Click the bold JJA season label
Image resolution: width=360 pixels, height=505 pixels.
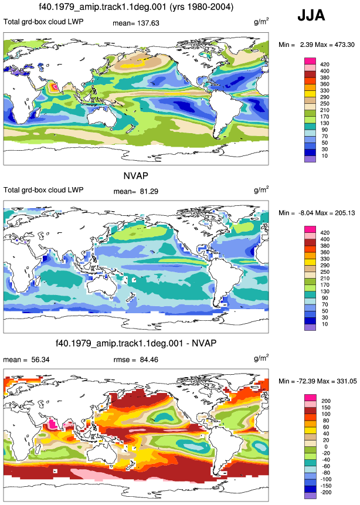click(311, 15)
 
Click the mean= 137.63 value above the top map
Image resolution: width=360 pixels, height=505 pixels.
click(136, 23)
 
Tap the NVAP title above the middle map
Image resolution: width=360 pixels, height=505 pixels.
click(136, 176)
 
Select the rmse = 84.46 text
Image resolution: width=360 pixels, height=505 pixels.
click(136, 360)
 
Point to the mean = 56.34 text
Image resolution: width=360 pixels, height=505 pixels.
click(26, 360)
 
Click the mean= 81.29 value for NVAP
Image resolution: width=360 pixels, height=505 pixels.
click(136, 191)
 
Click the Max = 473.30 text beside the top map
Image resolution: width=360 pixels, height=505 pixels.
click(335, 45)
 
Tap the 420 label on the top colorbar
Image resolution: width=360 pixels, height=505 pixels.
click(325, 65)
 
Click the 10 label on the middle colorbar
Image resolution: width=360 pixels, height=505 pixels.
click(325, 324)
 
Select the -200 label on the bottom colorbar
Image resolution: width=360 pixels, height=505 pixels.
click(325, 492)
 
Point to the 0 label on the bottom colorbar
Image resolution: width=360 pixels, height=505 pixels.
click(326, 446)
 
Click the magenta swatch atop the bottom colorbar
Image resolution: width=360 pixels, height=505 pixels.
click(310, 398)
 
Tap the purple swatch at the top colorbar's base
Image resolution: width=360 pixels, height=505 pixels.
click(310, 159)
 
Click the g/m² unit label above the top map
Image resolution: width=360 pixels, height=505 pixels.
click(261, 22)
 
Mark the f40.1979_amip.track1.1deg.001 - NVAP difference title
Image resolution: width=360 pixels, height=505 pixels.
click(136, 343)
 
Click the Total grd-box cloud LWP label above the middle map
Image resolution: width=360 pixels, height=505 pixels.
click(43, 190)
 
